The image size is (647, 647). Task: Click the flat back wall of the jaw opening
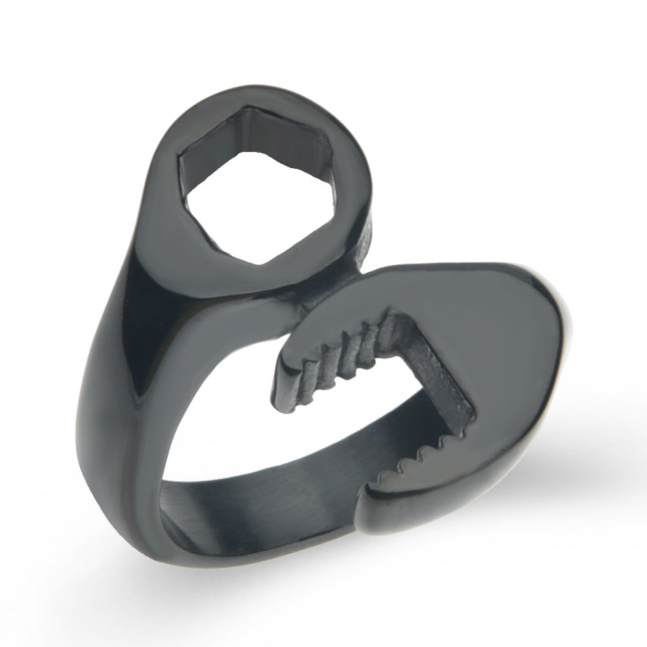[x=440, y=375]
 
